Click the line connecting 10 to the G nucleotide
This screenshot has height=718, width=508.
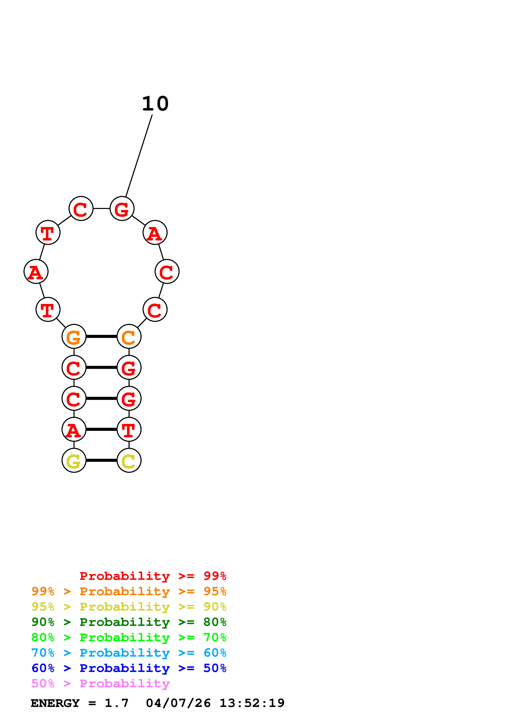click(x=139, y=156)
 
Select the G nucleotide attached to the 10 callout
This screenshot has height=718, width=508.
click(x=122, y=209)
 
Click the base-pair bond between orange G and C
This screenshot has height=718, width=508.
click(x=101, y=336)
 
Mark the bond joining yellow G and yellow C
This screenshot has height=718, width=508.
click(x=101, y=460)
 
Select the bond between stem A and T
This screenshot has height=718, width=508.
click(x=101, y=429)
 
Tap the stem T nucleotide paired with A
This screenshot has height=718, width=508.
click(x=129, y=429)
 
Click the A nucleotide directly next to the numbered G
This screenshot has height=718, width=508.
click(x=155, y=233)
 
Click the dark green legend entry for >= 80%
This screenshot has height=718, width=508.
click(x=129, y=622)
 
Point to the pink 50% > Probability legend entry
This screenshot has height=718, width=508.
click(x=100, y=684)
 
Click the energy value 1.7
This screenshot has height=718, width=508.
click(x=116, y=703)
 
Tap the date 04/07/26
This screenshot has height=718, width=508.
click(x=178, y=703)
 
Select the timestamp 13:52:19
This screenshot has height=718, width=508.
click(x=252, y=703)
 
